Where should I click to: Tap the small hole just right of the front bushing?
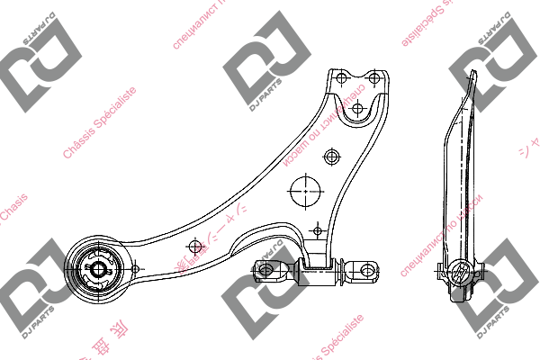[x=134, y=268]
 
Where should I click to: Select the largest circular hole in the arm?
[x=306, y=190]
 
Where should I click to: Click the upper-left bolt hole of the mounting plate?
[x=341, y=78]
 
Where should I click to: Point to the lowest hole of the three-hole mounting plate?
[x=357, y=109]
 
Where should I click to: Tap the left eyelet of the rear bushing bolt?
[x=265, y=268]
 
